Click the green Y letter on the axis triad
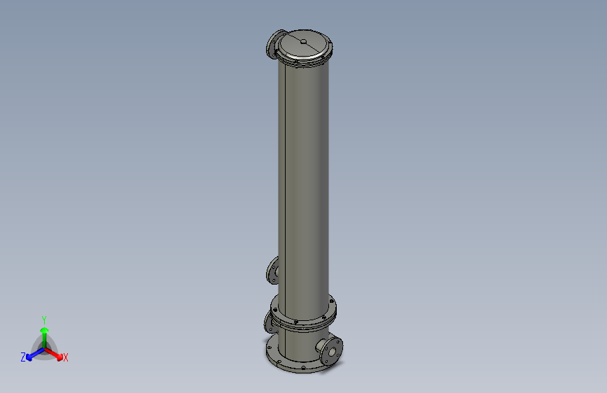pyautogui.click(x=44, y=319)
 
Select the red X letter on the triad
pyautogui.click(x=66, y=358)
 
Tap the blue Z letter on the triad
pyautogui.click(x=23, y=357)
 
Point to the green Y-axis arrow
pyautogui.click(x=44, y=331)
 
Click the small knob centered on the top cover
pyautogui.click(x=303, y=42)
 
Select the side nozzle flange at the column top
pyautogui.click(x=272, y=45)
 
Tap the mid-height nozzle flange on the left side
pyautogui.click(x=272, y=270)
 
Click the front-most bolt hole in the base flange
pyautogui.click(x=302, y=368)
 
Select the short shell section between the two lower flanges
pyautogui.click(x=301, y=343)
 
